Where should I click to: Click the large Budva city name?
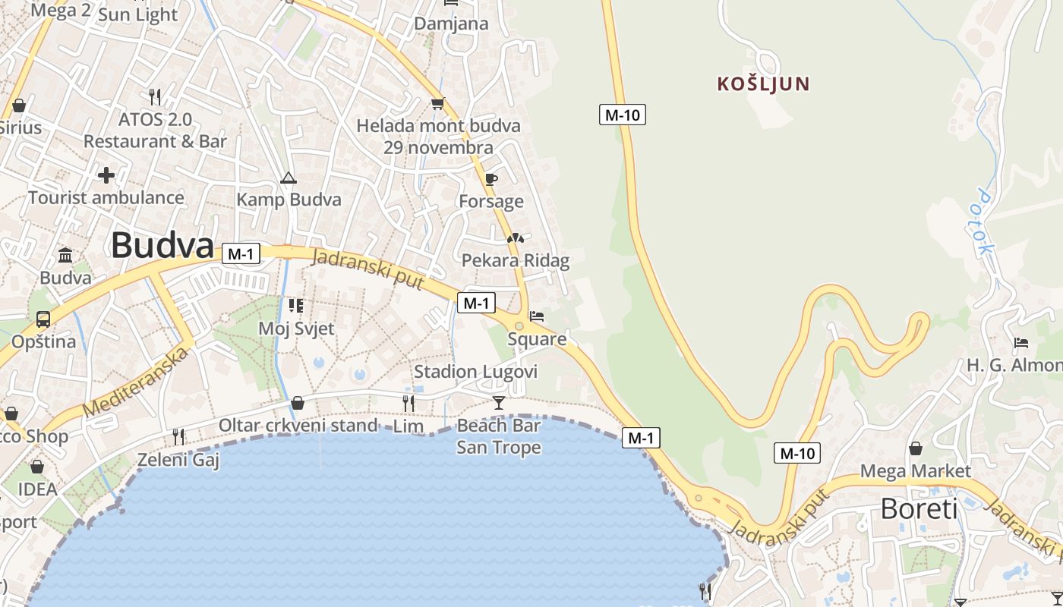(162, 246)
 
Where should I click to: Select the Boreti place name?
(919, 508)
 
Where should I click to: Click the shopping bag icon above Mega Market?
(916, 448)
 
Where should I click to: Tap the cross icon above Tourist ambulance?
(106, 175)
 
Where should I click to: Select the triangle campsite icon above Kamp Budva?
(288, 178)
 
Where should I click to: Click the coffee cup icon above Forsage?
(491, 180)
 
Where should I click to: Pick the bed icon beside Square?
(537, 316)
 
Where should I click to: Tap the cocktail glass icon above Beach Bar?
(498, 402)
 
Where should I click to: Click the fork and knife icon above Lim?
(408, 402)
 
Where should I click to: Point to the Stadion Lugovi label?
(475, 372)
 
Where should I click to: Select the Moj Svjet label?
(296, 329)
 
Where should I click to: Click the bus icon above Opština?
(43, 319)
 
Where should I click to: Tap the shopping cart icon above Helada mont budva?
(437, 103)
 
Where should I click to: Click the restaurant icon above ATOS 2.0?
(155, 96)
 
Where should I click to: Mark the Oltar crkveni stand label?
(298, 425)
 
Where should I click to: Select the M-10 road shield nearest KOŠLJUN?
(623, 115)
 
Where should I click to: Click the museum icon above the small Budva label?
(65, 255)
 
